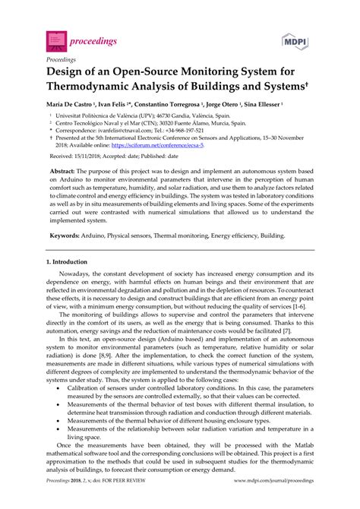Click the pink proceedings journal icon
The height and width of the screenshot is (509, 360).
(55, 36)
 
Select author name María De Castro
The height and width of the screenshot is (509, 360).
(76, 104)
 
